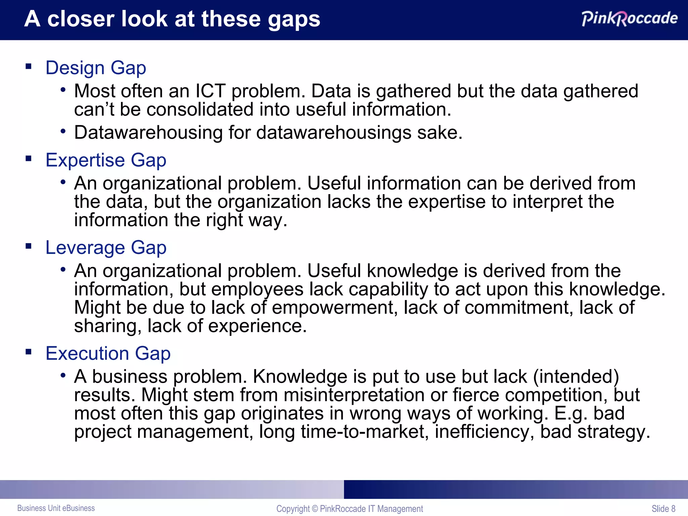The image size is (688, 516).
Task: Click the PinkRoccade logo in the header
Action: (x=629, y=18)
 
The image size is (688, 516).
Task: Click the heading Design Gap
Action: (x=96, y=68)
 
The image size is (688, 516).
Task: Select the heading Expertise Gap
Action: (x=106, y=160)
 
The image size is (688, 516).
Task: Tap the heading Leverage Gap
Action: (x=106, y=248)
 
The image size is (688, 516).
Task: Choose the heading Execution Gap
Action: (x=108, y=353)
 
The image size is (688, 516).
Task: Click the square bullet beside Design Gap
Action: (x=29, y=66)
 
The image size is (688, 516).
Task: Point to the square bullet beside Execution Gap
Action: (x=29, y=352)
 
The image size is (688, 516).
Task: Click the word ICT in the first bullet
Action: (x=210, y=91)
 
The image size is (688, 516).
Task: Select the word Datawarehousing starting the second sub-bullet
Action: (x=148, y=132)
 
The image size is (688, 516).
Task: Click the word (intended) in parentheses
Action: (x=576, y=377)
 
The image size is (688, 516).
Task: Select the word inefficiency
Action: (x=484, y=432)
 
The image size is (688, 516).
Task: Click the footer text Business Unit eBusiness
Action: (x=56, y=508)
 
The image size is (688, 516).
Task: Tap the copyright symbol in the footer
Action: (x=315, y=509)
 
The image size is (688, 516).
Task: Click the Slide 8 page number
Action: (x=663, y=509)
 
